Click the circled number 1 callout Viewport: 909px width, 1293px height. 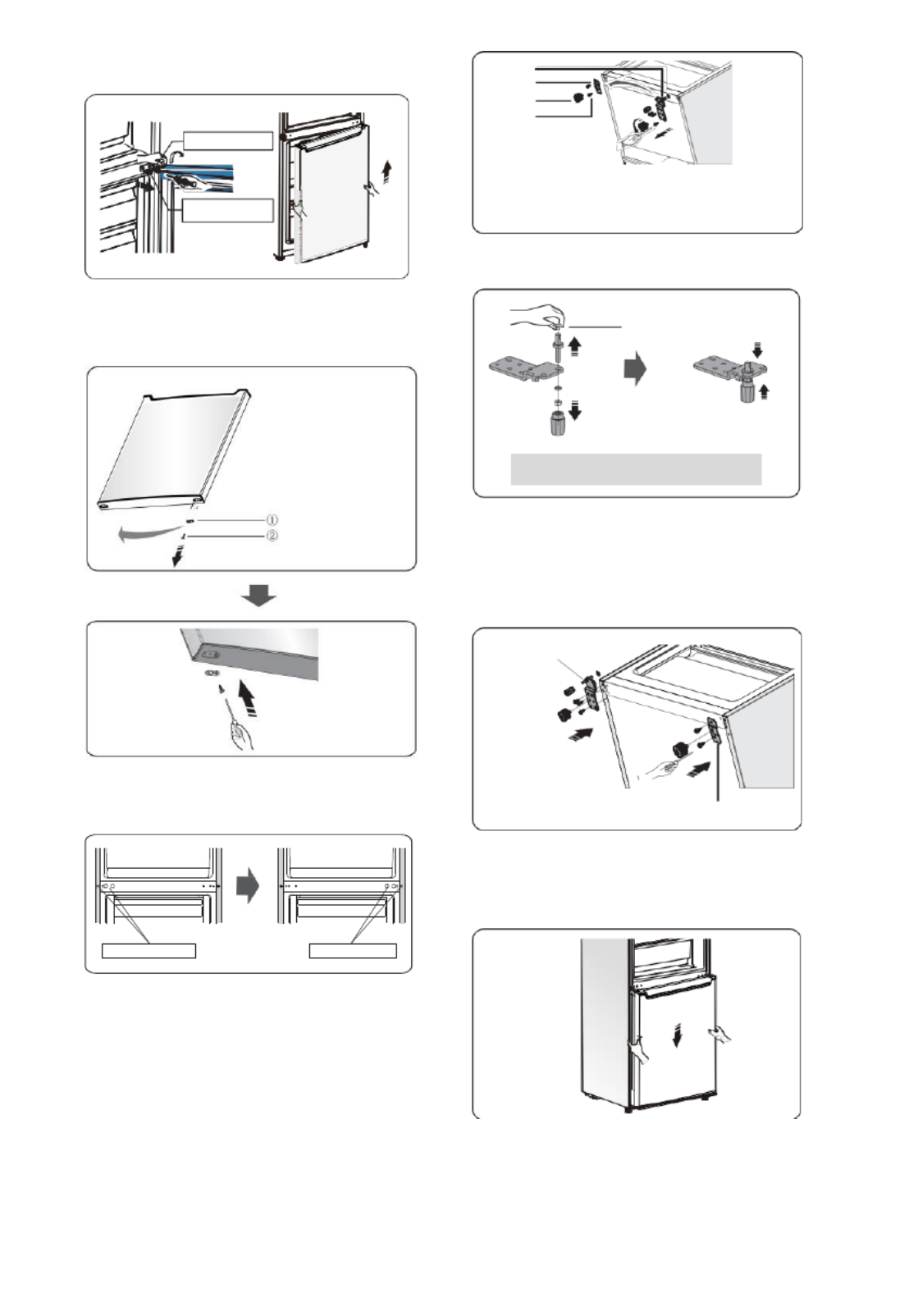(x=272, y=520)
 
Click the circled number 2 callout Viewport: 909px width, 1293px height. (x=272, y=537)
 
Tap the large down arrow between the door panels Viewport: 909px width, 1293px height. (x=258, y=596)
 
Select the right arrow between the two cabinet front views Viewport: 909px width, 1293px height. (x=247, y=886)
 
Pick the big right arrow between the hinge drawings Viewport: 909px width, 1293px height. (x=634, y=369)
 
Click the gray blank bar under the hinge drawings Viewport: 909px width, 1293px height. (x=636, y=469)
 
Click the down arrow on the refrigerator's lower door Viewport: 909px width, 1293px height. (x=677, y=1038)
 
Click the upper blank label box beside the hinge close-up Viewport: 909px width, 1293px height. (x=227, y=140)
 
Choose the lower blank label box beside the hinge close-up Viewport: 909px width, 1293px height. (x=227, y=210)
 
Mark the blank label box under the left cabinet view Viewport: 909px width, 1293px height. (x=148, y=951)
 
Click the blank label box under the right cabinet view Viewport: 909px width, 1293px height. (x=353, y=951)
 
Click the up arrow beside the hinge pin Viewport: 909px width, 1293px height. (x=575, y=343)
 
